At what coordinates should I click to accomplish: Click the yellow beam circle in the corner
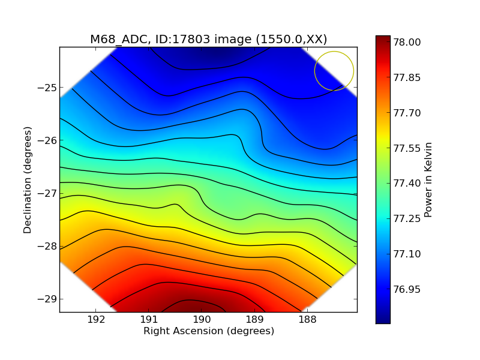click(x=334, y=71)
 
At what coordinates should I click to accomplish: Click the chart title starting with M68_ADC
click(x=208, y=40)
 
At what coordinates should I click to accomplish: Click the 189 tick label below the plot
click(x=254, y=319)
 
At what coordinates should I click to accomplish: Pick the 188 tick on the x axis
click(x=307, y=319)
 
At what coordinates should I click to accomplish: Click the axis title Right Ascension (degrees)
click(x=208, y=331)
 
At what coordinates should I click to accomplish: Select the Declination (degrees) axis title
click(x=28, y=179)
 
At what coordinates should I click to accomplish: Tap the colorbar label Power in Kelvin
click(x=428, y=179)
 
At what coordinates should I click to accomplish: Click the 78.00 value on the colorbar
click(x=406, y=43)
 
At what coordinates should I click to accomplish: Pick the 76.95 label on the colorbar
click(x=406, y=289)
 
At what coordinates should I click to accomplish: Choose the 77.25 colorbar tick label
click(x=406, y=219)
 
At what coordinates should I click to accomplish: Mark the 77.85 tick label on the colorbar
click(x=406, y=78)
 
